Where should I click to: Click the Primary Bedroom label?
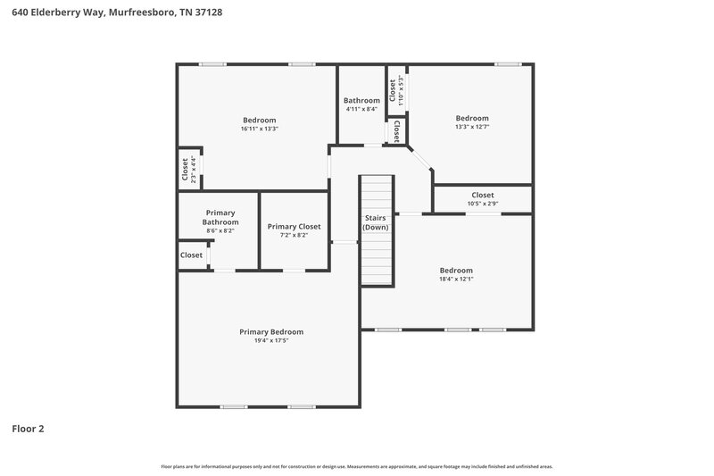pos(270,331)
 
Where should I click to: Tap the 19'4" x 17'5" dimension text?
pos(270,340)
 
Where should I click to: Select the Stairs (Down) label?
pos(375,222)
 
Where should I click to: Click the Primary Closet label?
pos(294,227)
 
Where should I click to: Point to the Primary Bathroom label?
pos(220,217)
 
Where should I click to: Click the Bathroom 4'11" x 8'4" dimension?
pos(361,110)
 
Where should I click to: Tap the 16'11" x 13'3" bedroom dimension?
pos(259,129)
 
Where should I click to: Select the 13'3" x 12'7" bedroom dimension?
pos(472,127)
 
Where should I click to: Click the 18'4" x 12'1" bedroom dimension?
pos(455,279)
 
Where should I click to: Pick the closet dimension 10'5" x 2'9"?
pos(482,204)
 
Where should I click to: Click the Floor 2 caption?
pos(28,429)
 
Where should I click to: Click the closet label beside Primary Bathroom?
pos(191,255)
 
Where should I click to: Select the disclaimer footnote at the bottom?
pos(356,466)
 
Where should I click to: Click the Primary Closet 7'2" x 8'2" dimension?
pos(294,236)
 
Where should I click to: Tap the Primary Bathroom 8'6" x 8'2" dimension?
pos(220,231)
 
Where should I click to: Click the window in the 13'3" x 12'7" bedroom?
pos(508,63)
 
